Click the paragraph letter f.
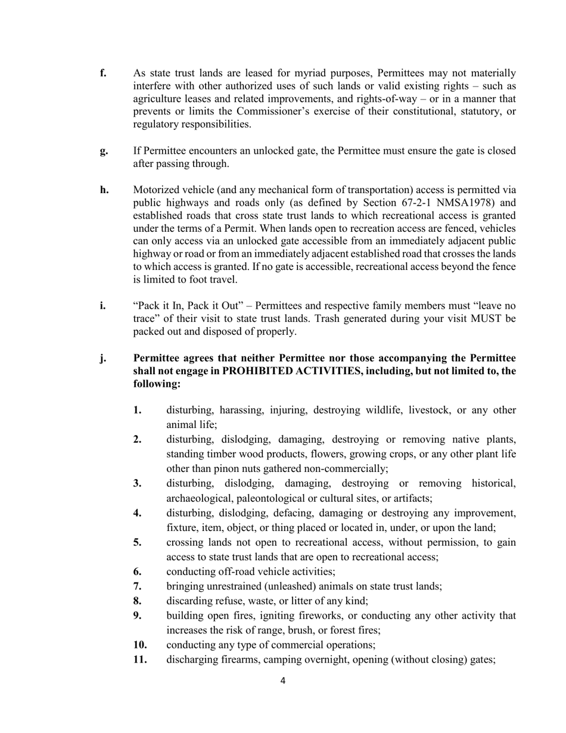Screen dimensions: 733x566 [102, 73]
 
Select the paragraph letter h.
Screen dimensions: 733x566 [104, 190]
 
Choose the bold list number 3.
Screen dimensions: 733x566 [137, 483]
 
